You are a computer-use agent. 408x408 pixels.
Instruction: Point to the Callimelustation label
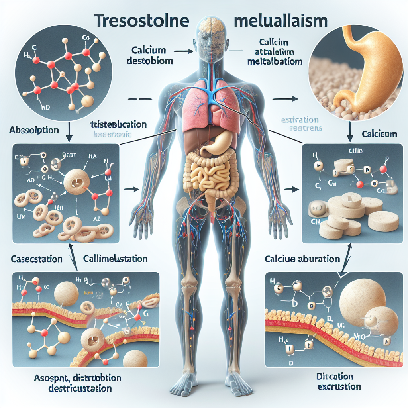116,259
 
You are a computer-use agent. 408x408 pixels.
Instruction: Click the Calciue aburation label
302,259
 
